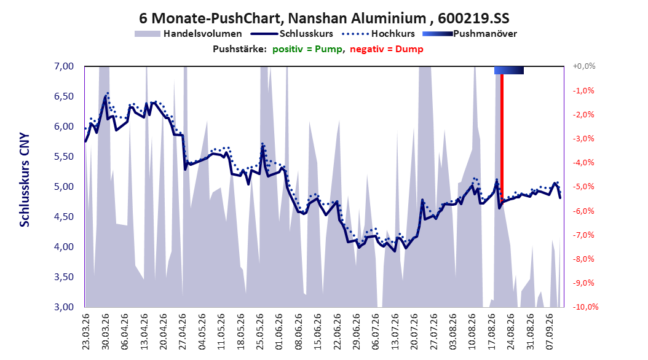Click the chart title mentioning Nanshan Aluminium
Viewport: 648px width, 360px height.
tap(324, 18)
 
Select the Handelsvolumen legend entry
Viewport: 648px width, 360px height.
tap(189, 34)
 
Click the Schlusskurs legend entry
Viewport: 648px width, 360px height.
tap(292, 34)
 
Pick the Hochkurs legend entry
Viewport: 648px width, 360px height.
tap(378, 34)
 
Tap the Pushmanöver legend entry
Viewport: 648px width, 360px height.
tap(470, 34)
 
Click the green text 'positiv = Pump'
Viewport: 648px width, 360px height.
tap(307, 49)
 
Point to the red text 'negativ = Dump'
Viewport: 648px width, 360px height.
tap(387, 49)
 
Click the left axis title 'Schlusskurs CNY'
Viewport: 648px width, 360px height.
tap(25, 179)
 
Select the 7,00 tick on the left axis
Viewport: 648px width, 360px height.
tap(64, 66)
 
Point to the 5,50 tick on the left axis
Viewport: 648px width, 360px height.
tap(64, 157)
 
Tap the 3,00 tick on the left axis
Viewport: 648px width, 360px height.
tap(64, 307)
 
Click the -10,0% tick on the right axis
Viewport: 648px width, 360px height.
tap(585, 307)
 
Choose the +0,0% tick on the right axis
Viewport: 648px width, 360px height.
tap(584, 66)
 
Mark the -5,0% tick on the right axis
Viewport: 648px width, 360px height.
tap(583, 187)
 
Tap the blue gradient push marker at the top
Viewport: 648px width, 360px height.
tap(508, 70)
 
